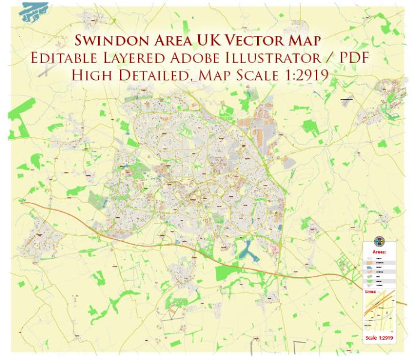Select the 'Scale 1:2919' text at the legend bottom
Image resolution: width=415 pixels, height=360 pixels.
click(380, 338)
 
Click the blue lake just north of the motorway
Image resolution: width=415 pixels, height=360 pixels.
click(247, 249)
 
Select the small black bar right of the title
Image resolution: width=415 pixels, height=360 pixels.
click(347, 98)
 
